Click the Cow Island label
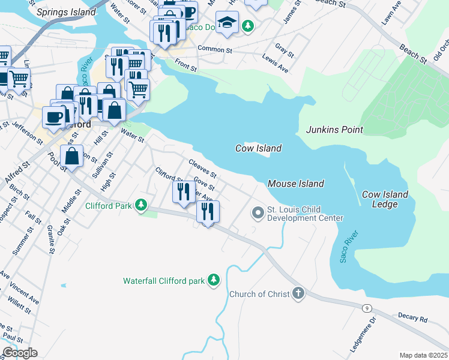[258, 148]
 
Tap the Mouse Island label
[295, 184]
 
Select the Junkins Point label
[334, 130]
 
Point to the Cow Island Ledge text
[385, 199]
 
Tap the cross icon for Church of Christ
[298, 294]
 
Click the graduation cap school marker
[226, 23]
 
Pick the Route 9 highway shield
[366, 308]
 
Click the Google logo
[20, 353]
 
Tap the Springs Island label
[65, 12]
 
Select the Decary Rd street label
[412, 316]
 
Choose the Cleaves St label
[202, 167]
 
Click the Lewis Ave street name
[276, 64]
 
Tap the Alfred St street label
[17, 175]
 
